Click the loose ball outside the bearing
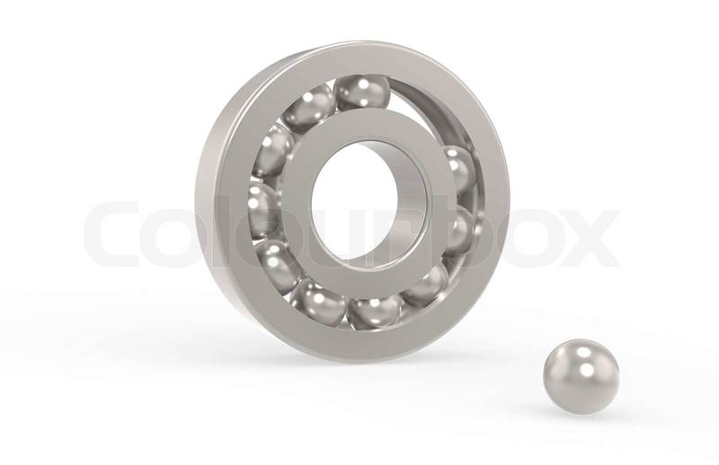click(x=581, y=377)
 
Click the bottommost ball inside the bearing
click(x=373, y=311)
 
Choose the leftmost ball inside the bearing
click(x=262, y=210)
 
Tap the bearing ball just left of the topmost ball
click(x=308, y=108)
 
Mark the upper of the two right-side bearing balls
click(x=458, y=170)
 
